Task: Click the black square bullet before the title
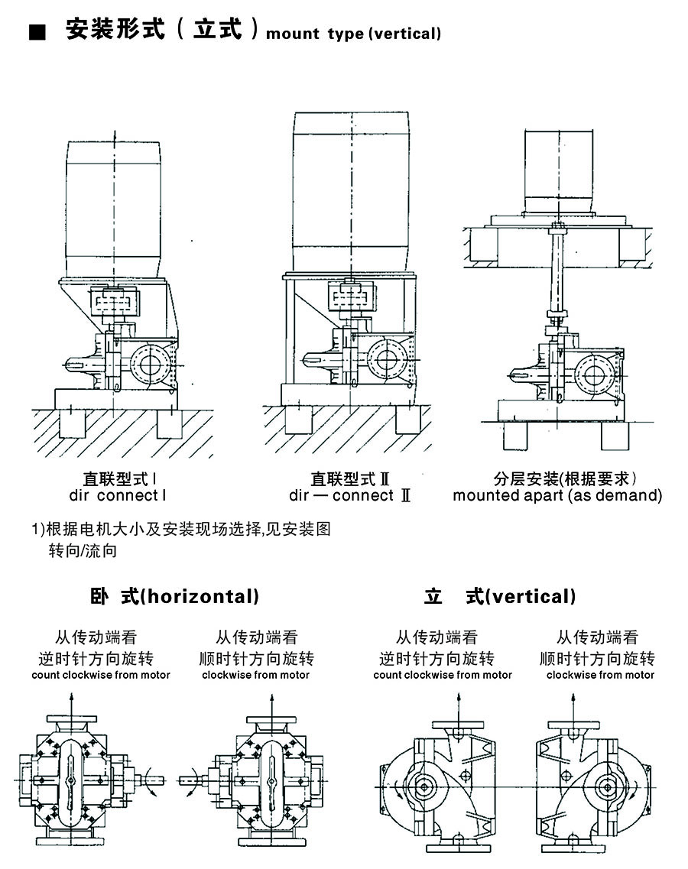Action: pos(35,33)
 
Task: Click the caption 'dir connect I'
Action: pos(118,495)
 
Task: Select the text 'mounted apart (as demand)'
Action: pos(557,495)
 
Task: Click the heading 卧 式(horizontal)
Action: pos(174,596)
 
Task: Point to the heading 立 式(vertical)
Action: pos(500,596)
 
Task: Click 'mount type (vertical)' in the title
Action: pos(353,34)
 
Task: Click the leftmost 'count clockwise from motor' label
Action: pos(101,675)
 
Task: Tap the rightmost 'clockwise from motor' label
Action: pos(600,675)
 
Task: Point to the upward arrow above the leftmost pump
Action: pos(71,699)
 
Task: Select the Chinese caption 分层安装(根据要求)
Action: pos(565,478)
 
